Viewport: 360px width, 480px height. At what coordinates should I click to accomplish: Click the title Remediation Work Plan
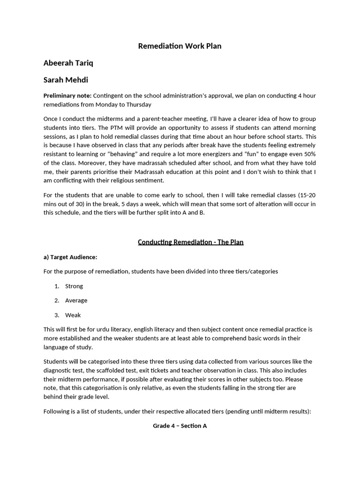pos(180,46)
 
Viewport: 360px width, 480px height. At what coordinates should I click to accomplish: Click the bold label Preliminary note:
pos(67,96)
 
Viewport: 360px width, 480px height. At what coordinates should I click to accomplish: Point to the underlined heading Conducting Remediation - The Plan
pos(190,242)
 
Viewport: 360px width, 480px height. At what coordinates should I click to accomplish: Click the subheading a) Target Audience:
pos(70,257)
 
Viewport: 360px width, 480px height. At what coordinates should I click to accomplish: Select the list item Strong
pos(74,286)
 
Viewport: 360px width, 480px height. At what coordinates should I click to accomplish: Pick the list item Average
pos(76,300)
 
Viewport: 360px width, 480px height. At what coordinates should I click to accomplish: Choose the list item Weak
pos(73,315)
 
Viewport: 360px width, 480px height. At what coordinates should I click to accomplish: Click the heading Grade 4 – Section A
pos(180,426)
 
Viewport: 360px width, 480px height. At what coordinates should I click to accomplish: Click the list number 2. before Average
pos(57,300)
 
